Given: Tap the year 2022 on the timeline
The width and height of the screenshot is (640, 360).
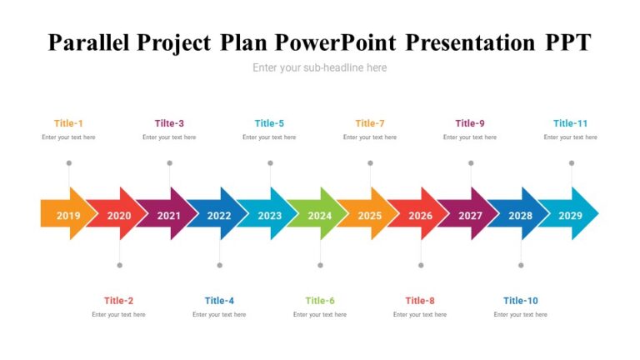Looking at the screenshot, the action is (219, 216).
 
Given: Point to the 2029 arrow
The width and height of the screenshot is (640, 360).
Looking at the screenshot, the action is (570, 213).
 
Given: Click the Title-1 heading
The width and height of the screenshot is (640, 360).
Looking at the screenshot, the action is (68, 123).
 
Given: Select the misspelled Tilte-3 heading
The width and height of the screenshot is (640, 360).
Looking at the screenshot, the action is (169, 123).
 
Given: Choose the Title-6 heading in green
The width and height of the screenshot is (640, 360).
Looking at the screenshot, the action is (320, 301).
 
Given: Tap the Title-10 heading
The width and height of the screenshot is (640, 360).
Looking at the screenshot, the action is (520, 301).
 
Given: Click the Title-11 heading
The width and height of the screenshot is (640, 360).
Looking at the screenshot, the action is (570, 123).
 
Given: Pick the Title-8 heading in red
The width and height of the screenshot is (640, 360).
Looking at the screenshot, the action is (420, 301).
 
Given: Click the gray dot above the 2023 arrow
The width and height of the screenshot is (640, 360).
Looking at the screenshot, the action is (270, 163).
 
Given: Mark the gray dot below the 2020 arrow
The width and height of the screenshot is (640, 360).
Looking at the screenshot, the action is (120, 265).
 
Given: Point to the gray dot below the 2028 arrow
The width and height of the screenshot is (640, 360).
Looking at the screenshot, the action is (521, 265).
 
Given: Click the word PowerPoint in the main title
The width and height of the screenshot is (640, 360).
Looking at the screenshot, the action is (336, 42).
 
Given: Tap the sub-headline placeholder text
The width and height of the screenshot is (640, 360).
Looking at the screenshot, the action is (320, 67).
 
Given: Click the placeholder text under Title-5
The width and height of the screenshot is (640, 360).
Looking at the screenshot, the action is (269, 137).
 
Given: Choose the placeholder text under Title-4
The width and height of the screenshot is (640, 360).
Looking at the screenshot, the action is (219, 315).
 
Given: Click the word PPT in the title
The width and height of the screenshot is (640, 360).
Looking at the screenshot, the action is (568, 42).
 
